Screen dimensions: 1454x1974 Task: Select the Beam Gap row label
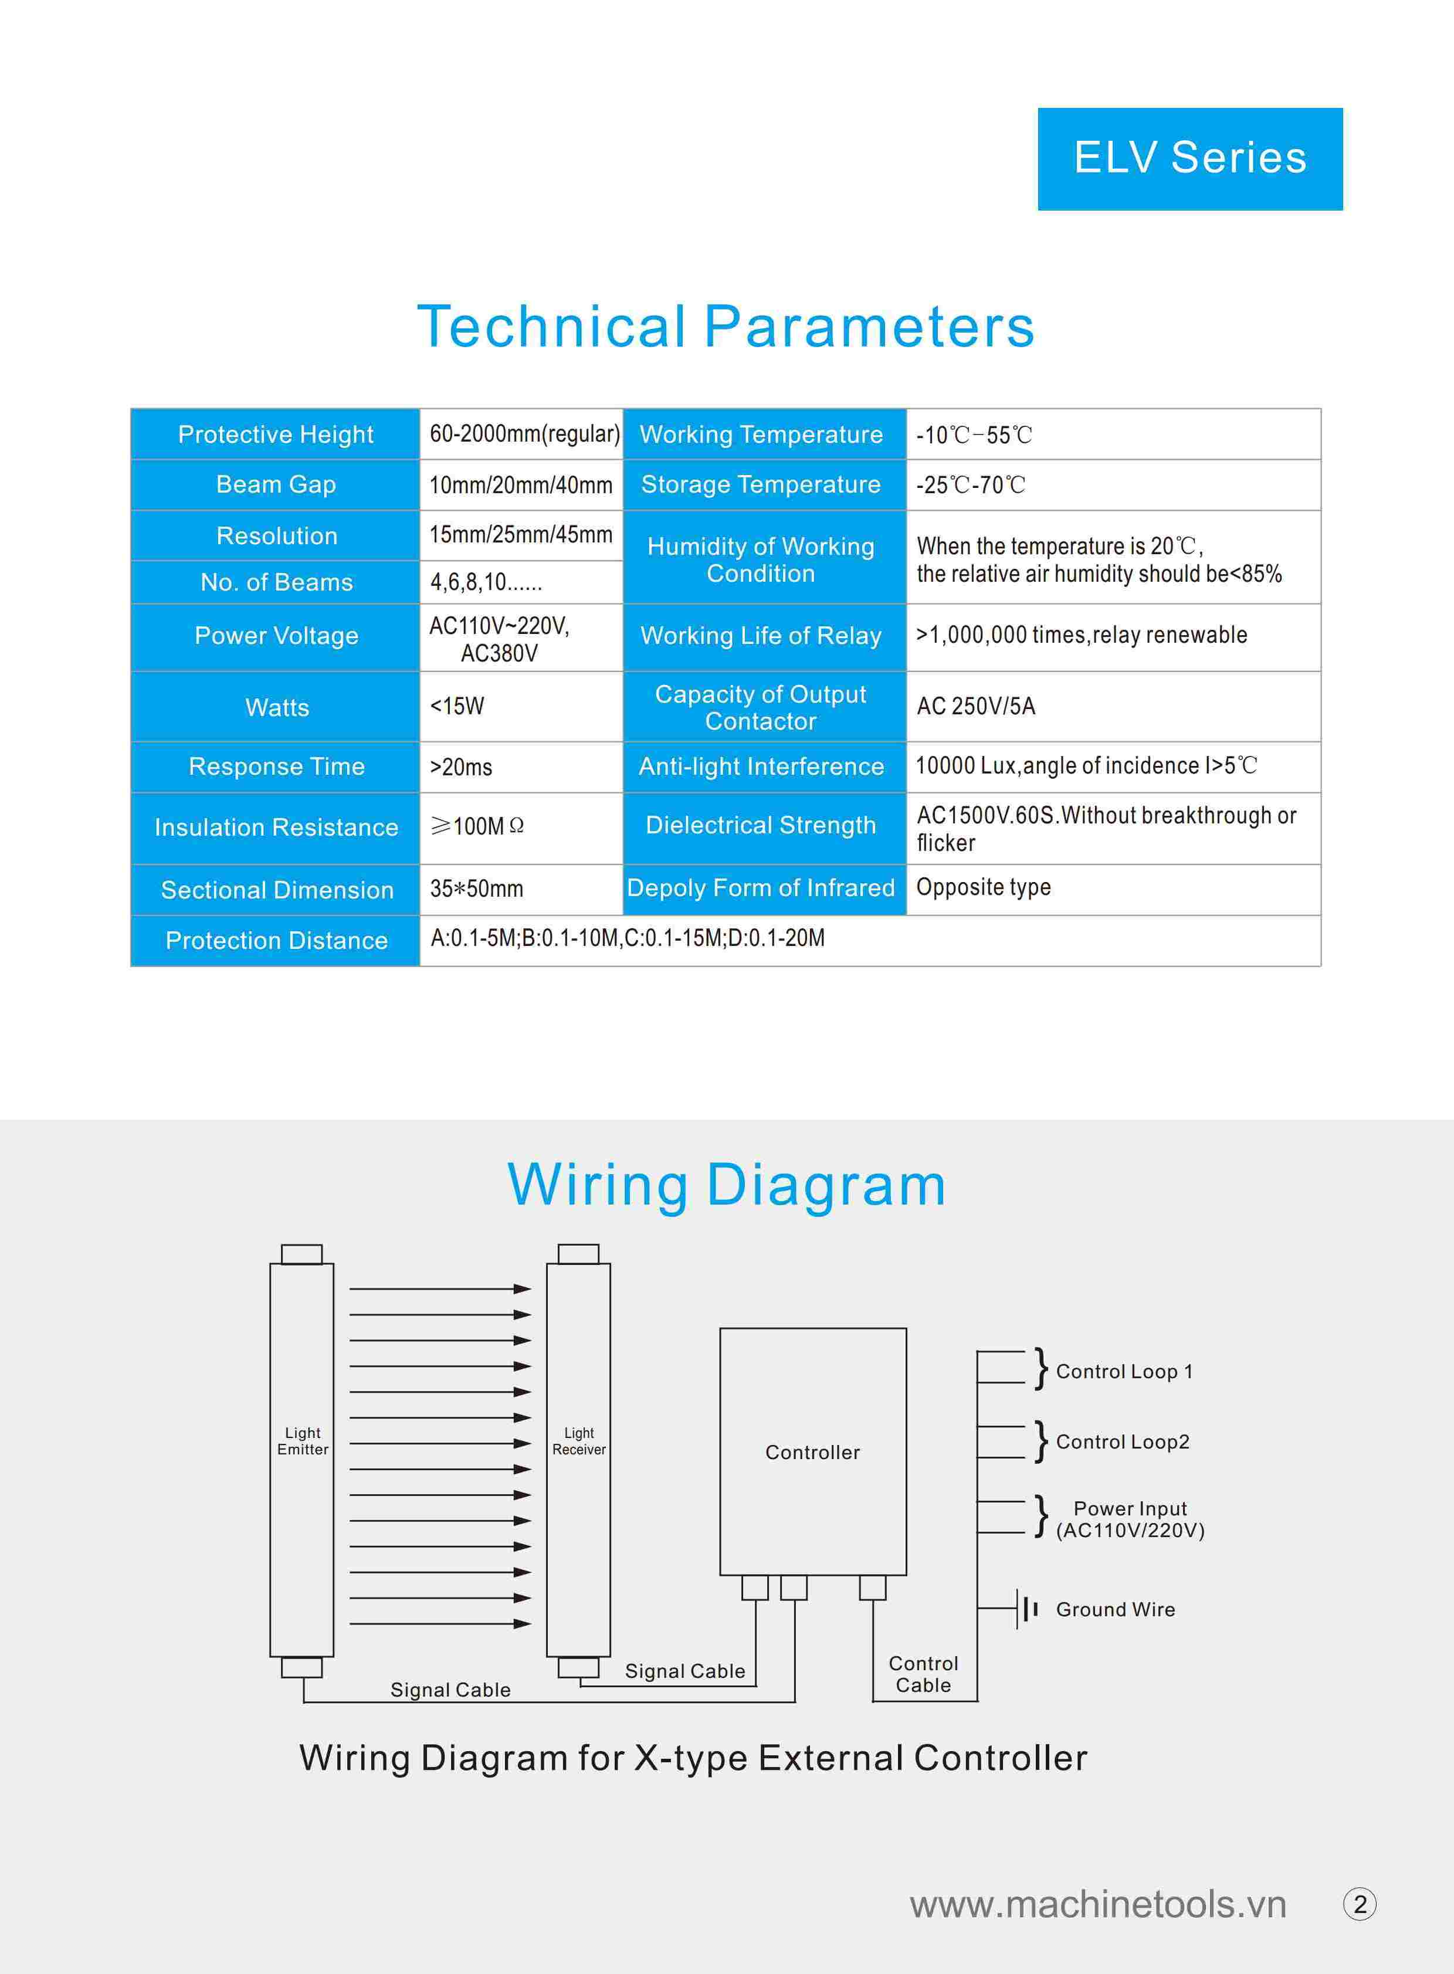click(276, 484)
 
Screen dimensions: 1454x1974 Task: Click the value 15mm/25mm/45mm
click(521, 534)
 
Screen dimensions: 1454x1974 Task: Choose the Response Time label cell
click(276, 766)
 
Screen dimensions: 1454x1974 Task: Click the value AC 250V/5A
click(976, 706)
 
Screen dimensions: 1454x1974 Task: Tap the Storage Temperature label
click(761, 484)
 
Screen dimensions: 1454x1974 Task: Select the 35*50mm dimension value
click(476, 889)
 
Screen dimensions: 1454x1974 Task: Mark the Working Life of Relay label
click(761, 635)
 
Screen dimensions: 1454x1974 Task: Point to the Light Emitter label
click(303, 1441)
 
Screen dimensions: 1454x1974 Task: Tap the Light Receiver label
click(579, 1441)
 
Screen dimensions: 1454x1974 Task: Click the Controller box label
click(812, 1452)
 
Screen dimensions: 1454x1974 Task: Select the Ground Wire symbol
click(1026, 1609)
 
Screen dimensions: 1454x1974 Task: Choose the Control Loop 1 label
click(1124, 1371)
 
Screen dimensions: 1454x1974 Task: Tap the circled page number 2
click(1360, 1904)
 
